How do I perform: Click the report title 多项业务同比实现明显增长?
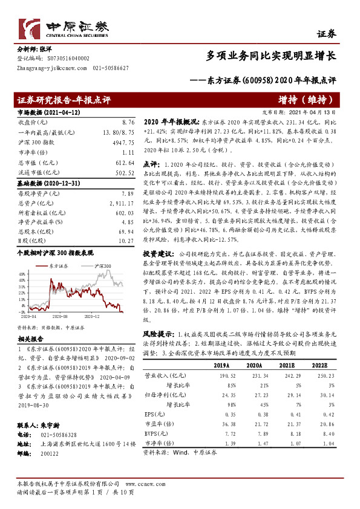(x=272, y=56)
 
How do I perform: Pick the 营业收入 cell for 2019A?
(x=218, y=375)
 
